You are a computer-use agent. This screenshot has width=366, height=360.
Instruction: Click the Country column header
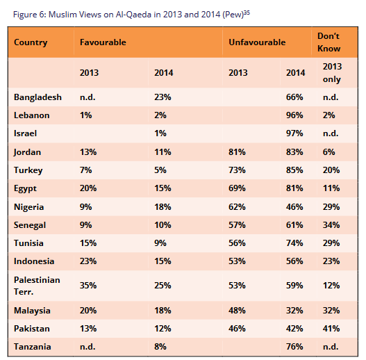31,42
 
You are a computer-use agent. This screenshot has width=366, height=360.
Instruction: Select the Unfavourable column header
257,42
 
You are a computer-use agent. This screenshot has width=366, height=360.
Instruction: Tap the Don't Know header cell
328,42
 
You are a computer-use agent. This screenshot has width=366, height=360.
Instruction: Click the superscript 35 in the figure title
247,13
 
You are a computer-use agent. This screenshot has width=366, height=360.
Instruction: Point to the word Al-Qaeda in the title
133,15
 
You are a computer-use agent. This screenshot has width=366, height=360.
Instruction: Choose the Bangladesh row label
38,97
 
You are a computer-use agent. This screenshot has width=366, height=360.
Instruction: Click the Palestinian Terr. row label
37,286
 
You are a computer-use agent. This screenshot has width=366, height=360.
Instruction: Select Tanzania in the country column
33,347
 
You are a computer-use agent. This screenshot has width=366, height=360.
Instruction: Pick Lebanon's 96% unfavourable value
294,115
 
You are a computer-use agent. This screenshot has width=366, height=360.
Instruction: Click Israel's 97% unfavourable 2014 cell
294,133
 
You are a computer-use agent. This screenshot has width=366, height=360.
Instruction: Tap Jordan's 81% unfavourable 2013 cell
237,152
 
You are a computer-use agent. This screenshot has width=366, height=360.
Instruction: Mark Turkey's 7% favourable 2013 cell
85,170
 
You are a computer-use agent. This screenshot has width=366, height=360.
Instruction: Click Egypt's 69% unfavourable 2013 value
237,188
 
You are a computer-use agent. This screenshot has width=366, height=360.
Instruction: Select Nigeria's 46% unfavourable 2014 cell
294,207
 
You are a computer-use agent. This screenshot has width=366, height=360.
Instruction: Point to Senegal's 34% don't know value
331,225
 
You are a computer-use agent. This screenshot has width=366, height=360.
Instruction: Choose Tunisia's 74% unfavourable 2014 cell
294,243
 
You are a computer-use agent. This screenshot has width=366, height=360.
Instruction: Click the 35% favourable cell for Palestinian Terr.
88,286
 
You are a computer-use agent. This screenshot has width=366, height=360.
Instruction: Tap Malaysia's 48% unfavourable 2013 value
237,311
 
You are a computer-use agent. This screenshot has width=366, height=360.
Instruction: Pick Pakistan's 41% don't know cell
331,329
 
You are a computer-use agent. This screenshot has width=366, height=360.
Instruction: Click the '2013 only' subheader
332,73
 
